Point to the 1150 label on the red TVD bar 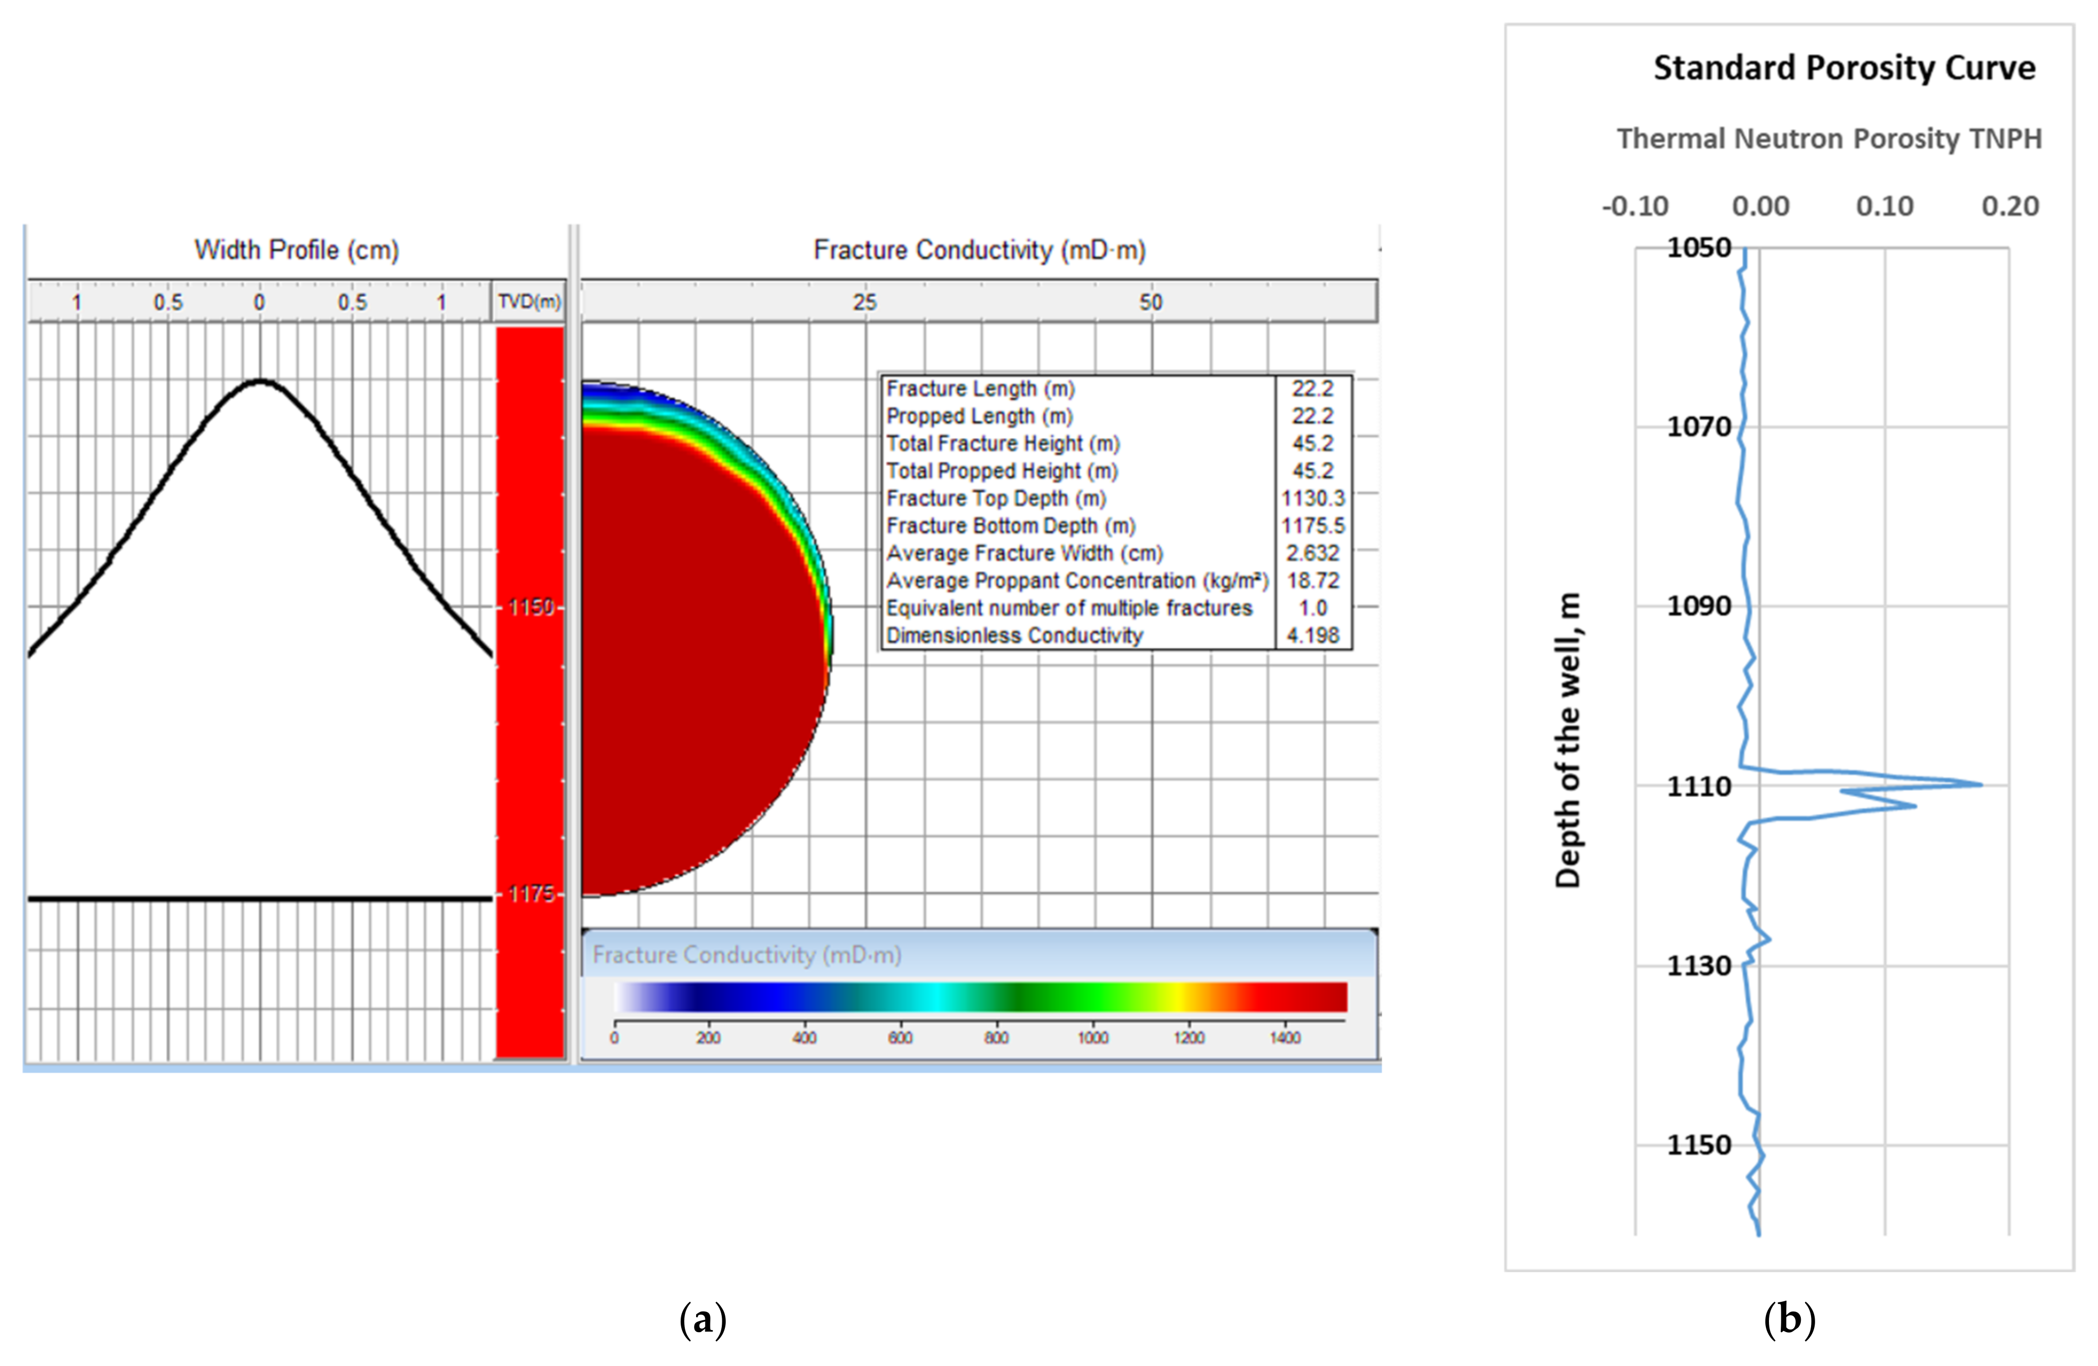531,607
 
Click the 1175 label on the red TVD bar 531,895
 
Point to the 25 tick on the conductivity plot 865,302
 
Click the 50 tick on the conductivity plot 1150,302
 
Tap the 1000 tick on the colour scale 1092,1038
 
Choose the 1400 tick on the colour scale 1284,1038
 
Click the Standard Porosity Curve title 1843,68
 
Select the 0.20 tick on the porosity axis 2009,206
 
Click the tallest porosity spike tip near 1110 1981,784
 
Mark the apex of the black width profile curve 260,381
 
